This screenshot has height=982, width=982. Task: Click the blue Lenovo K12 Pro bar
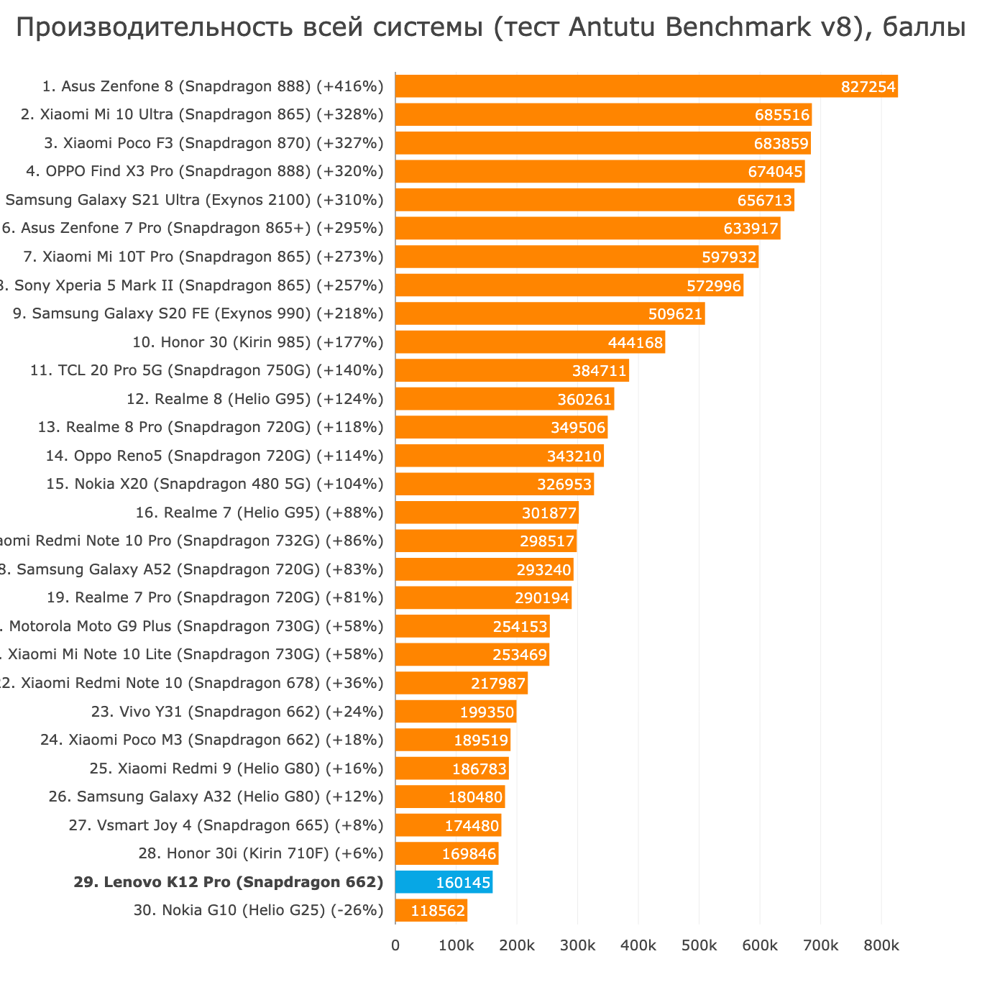click(444, 882)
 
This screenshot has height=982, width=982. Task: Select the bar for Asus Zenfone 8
click(646, 86)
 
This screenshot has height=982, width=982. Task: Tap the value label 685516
click(782, 115)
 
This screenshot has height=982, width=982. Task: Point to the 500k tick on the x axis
click(699, 946)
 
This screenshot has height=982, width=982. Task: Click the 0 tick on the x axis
click(395, 946)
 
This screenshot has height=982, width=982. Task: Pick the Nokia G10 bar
click(431, 911)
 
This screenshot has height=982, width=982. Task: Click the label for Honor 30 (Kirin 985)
click(258, 342)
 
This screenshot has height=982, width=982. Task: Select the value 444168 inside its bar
click(635, 343)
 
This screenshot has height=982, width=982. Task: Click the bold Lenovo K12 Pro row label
click(228, 882)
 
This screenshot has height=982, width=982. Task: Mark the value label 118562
click(438, 912)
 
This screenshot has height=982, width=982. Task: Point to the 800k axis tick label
click(881, 946)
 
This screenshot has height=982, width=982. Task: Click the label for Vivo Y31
click(237, 712)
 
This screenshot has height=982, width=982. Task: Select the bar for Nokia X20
click(494, 485)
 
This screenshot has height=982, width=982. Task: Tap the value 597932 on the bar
click(729, 257)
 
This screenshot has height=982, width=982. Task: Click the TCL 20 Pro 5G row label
click(207, 370)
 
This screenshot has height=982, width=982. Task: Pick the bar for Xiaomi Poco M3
click(452, 740)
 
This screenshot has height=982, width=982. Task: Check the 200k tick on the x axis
click(516, 946)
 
